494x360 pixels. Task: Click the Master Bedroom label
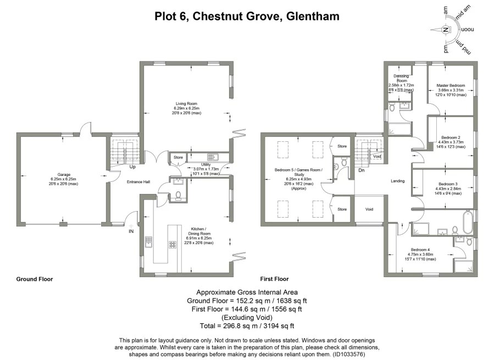451,86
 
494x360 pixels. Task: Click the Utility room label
206,164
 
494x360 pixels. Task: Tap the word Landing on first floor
397,181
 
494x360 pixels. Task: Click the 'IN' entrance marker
131,231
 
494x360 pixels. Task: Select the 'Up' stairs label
132,167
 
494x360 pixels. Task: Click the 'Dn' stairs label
361,170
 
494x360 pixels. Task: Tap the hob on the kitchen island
172,245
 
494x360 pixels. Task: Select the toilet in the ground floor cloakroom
177,195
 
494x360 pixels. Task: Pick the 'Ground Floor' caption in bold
35,279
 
